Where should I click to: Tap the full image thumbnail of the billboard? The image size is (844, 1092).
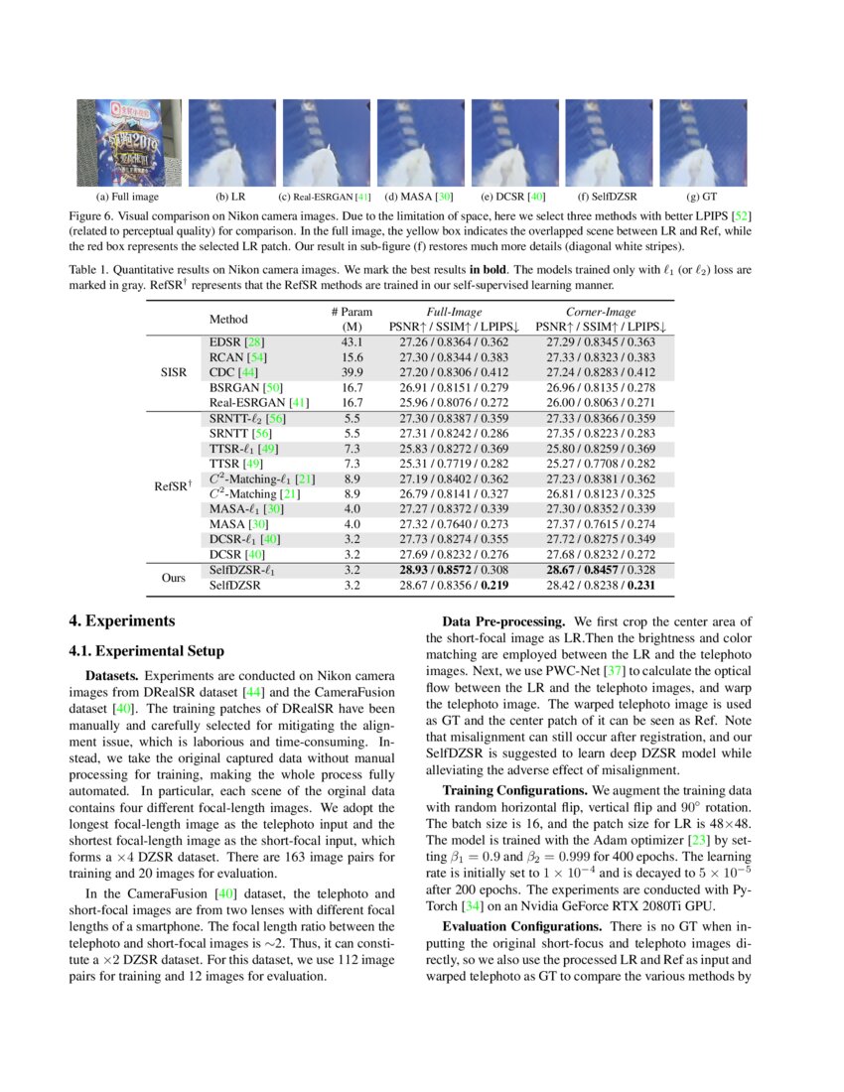coord(129,143)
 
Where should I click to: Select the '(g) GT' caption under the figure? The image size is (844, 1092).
coord(702,197)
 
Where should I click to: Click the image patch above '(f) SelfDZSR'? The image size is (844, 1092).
coord(608,143)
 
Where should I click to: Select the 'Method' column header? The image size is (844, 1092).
coord(228,320)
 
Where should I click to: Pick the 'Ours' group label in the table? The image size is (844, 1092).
coord(174,579)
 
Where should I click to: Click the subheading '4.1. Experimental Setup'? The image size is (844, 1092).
coord(146,651)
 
